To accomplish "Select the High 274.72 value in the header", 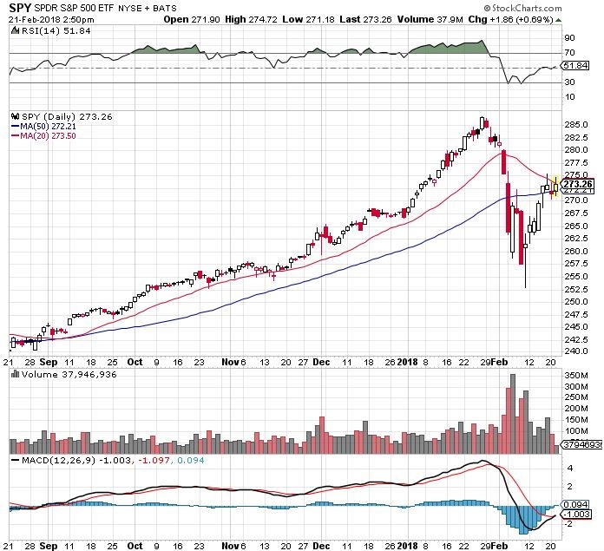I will (x=276, y=19).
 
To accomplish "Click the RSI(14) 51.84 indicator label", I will (x=43, y=30).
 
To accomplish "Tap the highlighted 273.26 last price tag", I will (x=576, y=184).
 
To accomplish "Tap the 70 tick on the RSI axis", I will (x=570, y=53).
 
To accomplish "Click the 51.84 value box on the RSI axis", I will (x=575, y=65).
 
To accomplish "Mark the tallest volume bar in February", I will (x=513, y=413).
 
